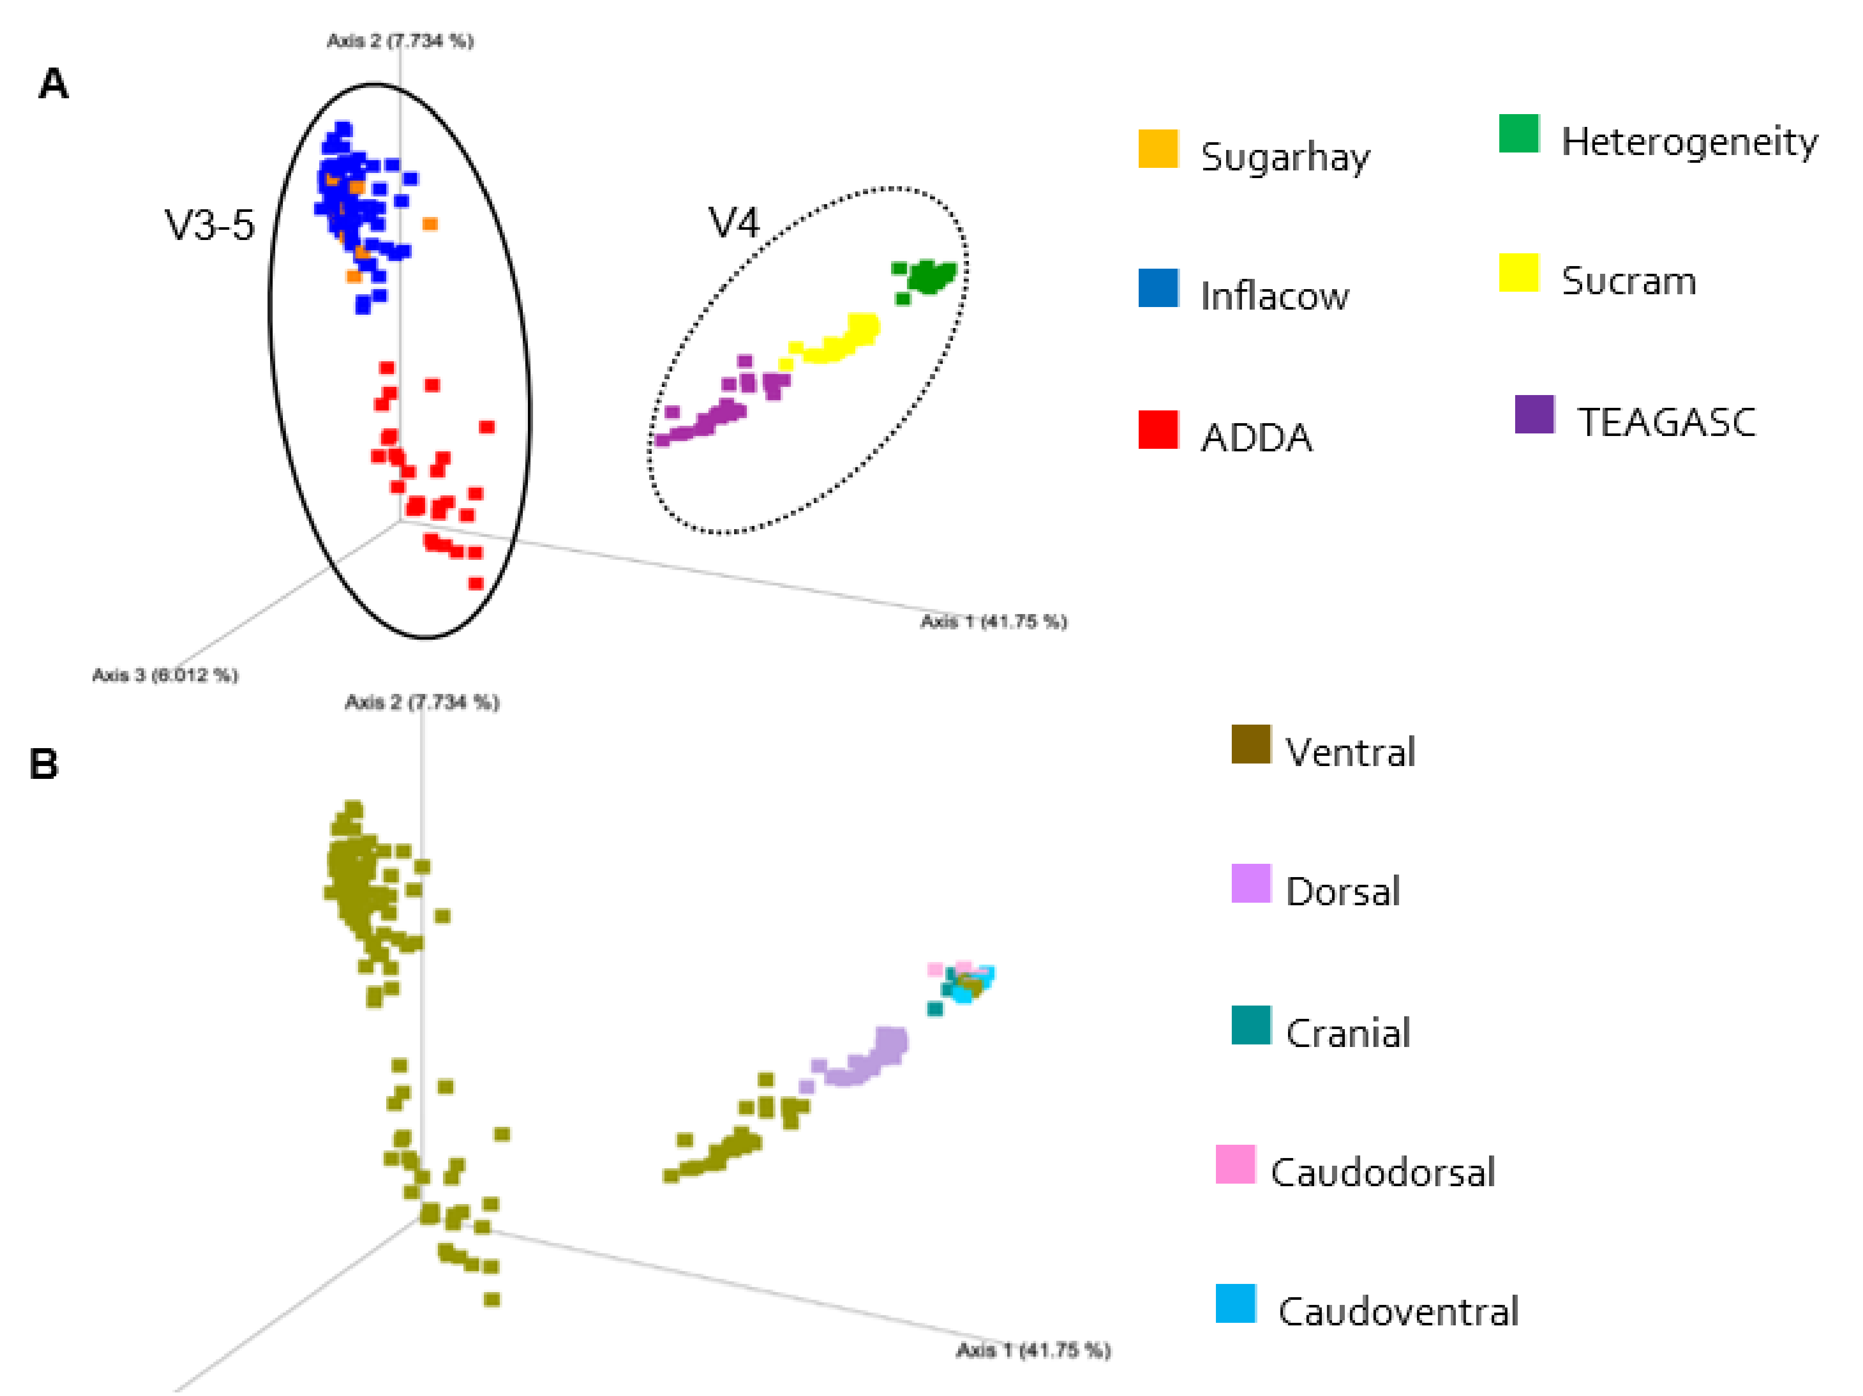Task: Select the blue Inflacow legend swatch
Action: [x=1158, y=288]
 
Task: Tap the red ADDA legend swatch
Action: [x=1158, y=430]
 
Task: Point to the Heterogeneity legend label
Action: [x=1689, y=142]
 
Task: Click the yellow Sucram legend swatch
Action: [x=1519, y=273]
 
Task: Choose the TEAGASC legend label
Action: [x=1666, y=422]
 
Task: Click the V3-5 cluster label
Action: [x=209, y=225]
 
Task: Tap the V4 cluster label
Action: [x=734, y=223]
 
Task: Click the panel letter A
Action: [x=53, y=84]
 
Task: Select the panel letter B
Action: [x=44, y=764]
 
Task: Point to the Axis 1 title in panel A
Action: [x=993, y=622]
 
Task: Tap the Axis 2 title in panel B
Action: [x=421, y=702]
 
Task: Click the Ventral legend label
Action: [x=1349, y=752]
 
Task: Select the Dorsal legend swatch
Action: [x=1251, y=883]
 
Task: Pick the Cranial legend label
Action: [x=1347, y=1033]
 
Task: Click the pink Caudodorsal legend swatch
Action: [x=1235, y=1164]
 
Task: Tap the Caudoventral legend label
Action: [x=1398, y=1312]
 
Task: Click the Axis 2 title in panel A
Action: [x=400, y=40]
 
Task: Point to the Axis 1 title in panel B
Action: [x=1033, y=1350]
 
